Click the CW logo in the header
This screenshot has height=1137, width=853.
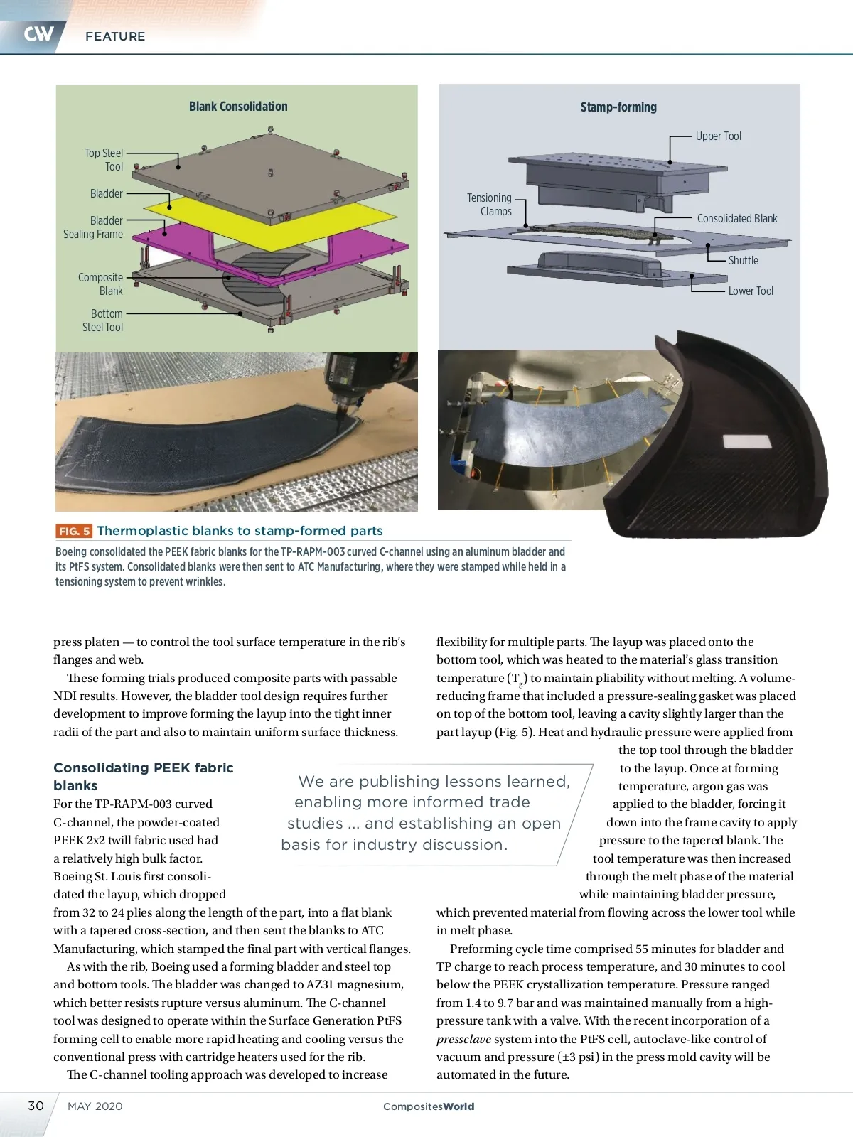point(38,33)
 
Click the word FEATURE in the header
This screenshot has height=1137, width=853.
point(115,36)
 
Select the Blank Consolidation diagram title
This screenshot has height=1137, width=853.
point(238,107)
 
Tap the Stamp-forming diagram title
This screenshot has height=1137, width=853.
point(618,107)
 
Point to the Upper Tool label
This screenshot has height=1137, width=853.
point(718,136)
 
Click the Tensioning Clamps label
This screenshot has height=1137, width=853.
point(490,205)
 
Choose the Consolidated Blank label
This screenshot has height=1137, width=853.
point(737,219)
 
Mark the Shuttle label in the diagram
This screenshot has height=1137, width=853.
point(743,261)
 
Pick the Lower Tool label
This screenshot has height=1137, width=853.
point(751,291)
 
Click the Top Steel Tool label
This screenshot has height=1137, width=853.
point(104,160)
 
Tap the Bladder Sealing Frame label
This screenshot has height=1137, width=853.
point(93,227)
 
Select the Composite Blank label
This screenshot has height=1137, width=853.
point(101,284)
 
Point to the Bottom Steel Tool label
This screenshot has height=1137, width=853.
point(103,320)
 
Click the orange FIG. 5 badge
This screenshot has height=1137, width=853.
point(74,531)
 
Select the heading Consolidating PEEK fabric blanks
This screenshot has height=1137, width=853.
point(144,777)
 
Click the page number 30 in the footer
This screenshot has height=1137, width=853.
point(36,1106)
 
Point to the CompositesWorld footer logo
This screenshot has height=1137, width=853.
point(429,1106)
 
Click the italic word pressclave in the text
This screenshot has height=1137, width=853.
point(463,1039)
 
